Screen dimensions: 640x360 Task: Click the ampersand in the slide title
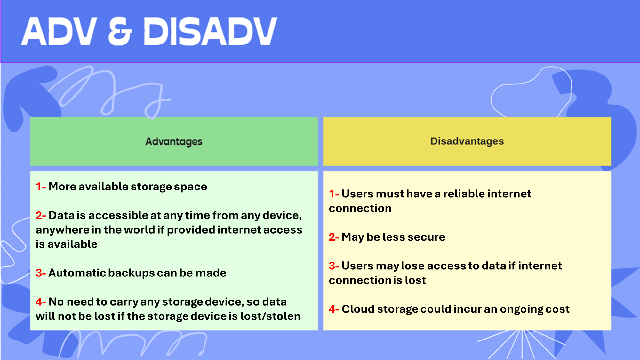point(120,31)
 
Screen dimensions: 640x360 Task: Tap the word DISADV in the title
point(210,31)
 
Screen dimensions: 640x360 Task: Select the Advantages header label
point(174,141)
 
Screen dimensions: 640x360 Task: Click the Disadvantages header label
point(467,141)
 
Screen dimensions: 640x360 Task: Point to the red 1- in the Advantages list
point(41,186)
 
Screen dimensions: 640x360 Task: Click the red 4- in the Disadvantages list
point(334,309)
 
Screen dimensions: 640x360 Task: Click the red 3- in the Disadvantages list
point(334,266)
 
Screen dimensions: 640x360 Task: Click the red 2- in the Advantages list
point(41,215)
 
